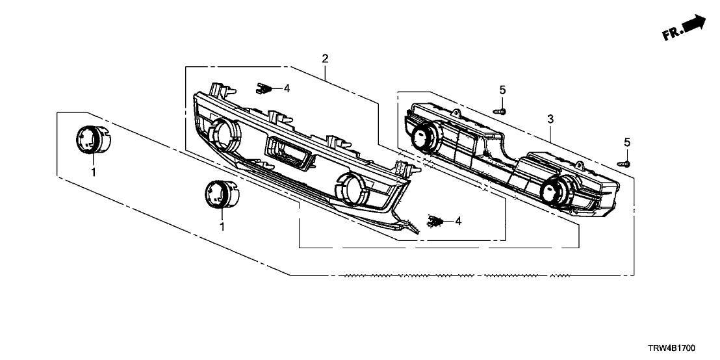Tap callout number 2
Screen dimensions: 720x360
pyautogui.click(x=325, y=58)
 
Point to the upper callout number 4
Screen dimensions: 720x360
pyautogui.click(x=287, y=88)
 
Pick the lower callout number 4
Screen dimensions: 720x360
pyautogui.click(x=458, y=222)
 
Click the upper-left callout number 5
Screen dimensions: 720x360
pyautogui.click(x=502, y=90)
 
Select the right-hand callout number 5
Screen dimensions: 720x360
pyautogui.click(x=627, y=142)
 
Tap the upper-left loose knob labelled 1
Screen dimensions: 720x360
pyautogui.click(x=93, y=140)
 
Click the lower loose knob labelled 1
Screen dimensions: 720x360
pyautogui.click(x=222, y=193)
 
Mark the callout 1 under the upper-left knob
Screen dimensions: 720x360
pyautogui.click(x=93, y=173)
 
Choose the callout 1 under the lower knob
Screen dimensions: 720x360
pyautogui.click(x=222, y=227)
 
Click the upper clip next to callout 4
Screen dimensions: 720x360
pyautogui.click(x=263, y=88)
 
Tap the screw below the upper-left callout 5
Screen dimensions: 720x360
pyautogui.click(x=500, y=111)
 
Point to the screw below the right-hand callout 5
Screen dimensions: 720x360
pyautogui.click(x=624, y=164)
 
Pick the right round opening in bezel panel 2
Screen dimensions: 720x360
pyautogui.click(x=354, y=188)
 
